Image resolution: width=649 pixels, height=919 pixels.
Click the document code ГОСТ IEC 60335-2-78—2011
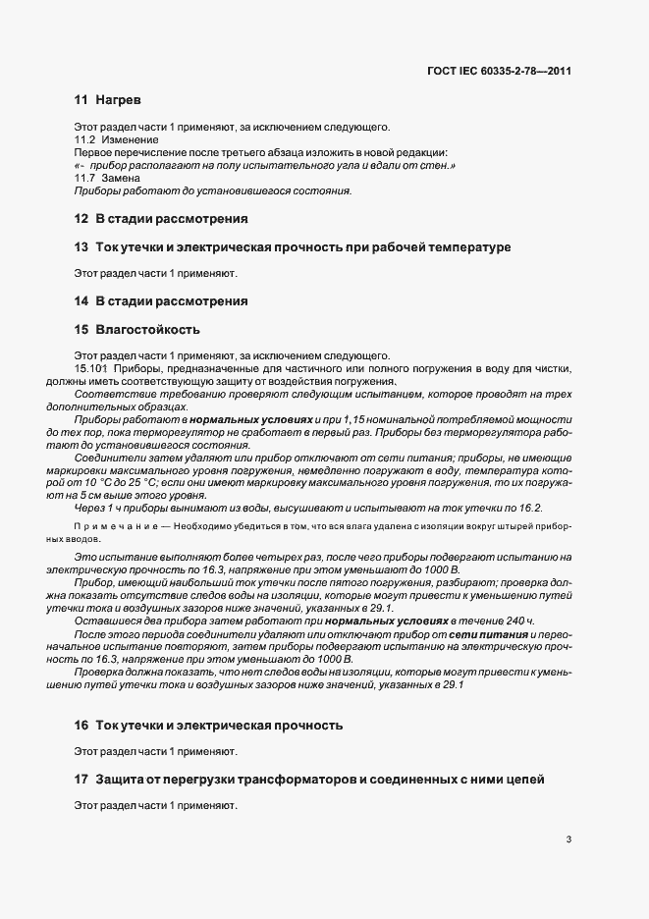(499, 71)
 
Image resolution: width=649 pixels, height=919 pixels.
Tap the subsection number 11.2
(85, 140)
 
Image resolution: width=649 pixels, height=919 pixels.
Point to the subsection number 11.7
(85, 178)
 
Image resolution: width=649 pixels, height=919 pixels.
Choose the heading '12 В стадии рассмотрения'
(160, 218)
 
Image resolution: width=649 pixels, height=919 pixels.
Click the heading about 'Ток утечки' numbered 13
(293, 246)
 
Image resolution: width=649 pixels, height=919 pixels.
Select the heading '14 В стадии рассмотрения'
(160, 300)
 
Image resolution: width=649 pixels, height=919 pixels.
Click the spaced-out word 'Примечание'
(108, 528)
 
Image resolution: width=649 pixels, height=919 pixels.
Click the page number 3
(568, 840)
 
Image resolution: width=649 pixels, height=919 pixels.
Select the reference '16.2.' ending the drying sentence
(529, 508)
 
